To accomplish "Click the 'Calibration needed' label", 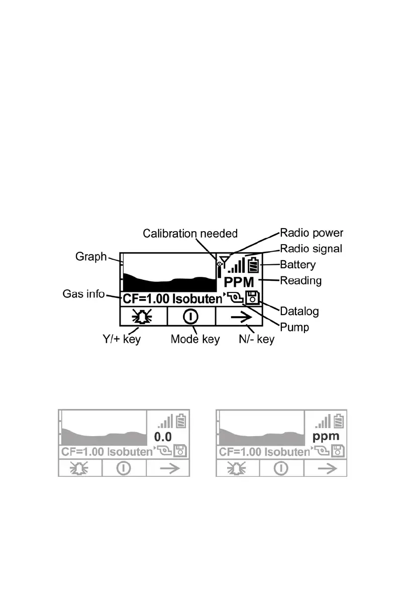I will (x=190, y=233).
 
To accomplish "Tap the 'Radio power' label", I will (x=312, y=233).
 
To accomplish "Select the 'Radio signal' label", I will (x=311, y=248).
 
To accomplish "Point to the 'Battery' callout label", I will (x=297, y=264).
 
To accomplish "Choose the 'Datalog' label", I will (x=299, y=312).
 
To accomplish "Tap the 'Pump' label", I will (x=294, y=327).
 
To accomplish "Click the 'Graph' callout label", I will (x=91, y=257).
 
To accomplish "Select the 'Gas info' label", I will (x=83, y=293).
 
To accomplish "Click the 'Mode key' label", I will (x=195, y=339).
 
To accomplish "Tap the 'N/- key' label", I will (x=256, y=339).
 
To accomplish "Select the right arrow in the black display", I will (x=239, y=317).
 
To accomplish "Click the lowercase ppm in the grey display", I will (x=326, y=437).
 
